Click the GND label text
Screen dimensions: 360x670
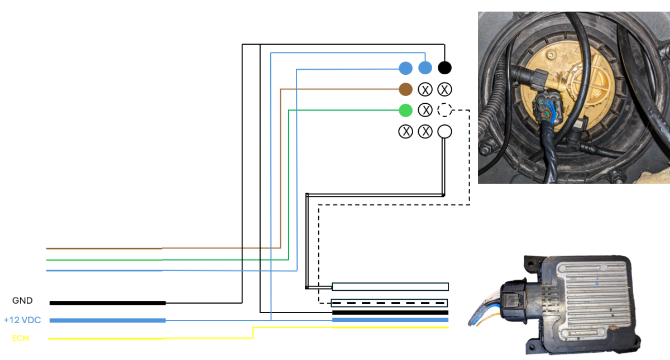tap(22, 301)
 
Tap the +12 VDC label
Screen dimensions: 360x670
tap(22, 320)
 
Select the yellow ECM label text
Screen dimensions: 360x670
tap(21, 338)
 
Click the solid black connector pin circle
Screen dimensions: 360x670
tap(444, 68)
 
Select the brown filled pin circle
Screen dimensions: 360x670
tap(406, 89)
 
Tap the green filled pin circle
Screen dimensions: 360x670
tap(406, 110)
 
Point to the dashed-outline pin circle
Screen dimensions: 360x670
tap(444, 110)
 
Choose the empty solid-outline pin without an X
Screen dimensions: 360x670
tap(444, 132)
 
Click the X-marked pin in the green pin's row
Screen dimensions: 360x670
tap(425, 110)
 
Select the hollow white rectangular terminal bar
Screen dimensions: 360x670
tap(390, 287)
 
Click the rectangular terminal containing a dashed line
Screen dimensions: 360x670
tap(390, 303)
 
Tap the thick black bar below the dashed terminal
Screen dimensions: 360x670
tap(390, 313)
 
